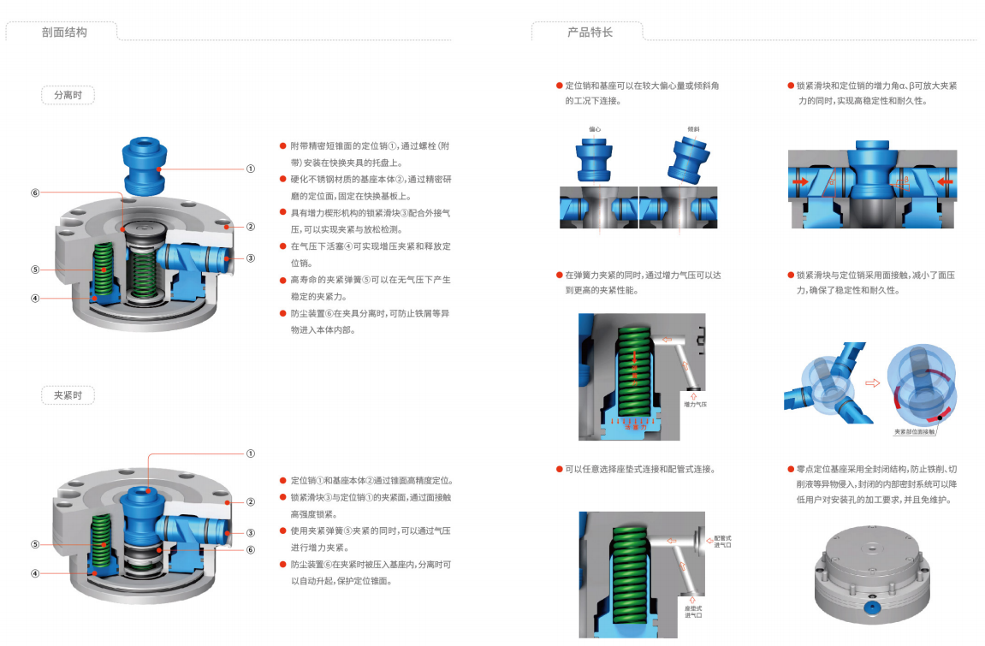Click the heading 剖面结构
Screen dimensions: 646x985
(x=64, y=33)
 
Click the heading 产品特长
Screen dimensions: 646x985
(x=590, y=33)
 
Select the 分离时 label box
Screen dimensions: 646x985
(x=68, y=95)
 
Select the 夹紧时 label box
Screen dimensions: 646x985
(x=68, y=395)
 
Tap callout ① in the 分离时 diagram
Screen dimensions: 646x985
(x=251, y=169)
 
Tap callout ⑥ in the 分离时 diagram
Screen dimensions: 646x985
(x=35, y=193)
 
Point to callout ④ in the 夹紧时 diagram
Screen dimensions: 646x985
(x=35, y=573)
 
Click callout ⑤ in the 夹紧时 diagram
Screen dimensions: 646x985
(x=35, y=544)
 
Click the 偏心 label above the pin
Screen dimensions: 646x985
(x=594, y=130)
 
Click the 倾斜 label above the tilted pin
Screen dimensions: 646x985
(x=693, y=130)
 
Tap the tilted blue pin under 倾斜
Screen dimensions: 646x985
(x=689, y=160)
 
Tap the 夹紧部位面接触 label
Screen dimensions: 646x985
(x=913, y=432)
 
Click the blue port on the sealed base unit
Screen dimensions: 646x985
(x=872, y=610)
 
